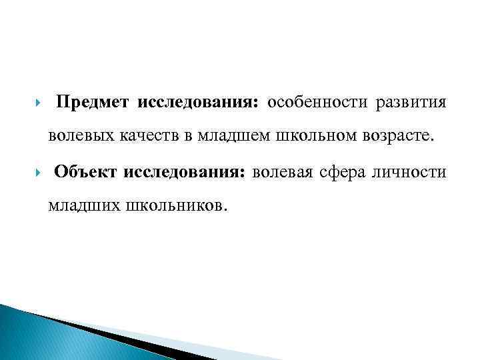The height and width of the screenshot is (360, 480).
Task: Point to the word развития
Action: pos(411,103)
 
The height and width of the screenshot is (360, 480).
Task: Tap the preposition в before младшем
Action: pos(188,137)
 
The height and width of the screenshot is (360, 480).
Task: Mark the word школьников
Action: pos(177,205)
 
